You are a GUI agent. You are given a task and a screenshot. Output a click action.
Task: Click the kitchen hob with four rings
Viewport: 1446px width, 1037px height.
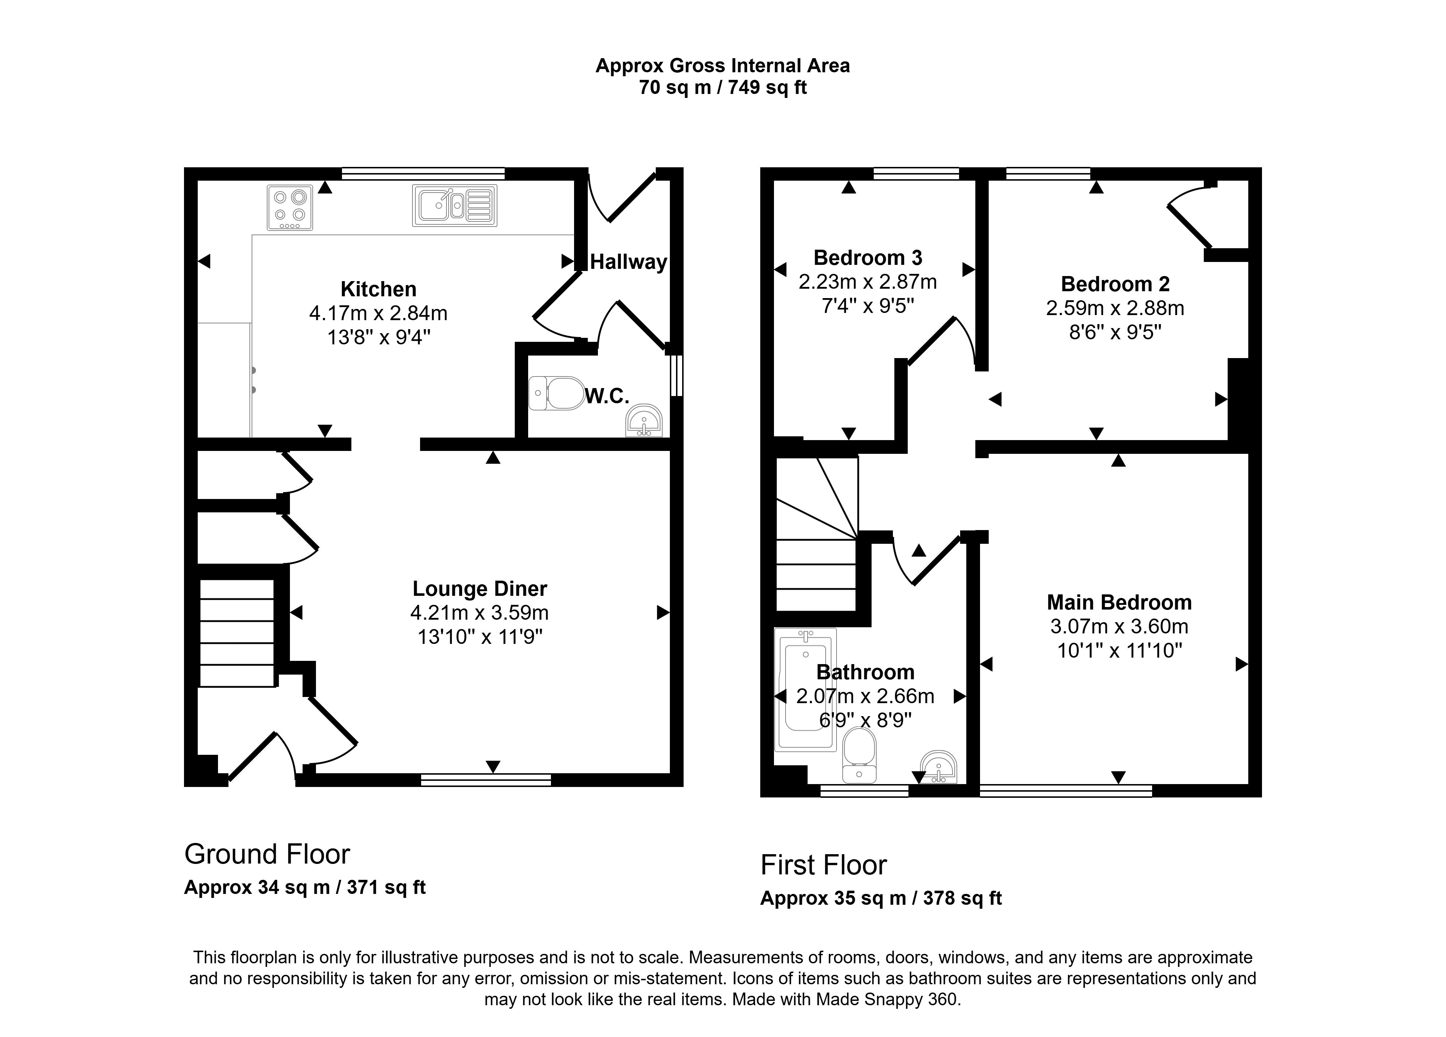290,207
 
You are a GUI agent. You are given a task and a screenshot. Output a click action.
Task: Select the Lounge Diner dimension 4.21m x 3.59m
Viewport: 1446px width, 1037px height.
479,612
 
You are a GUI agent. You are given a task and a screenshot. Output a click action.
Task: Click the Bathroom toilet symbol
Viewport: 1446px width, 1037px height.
859,755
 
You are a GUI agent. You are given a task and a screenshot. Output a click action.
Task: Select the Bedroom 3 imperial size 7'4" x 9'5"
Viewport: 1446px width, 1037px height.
867,306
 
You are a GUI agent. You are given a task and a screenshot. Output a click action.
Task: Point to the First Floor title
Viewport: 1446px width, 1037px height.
823,865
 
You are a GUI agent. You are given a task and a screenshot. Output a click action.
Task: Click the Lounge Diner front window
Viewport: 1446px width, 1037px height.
486,779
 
